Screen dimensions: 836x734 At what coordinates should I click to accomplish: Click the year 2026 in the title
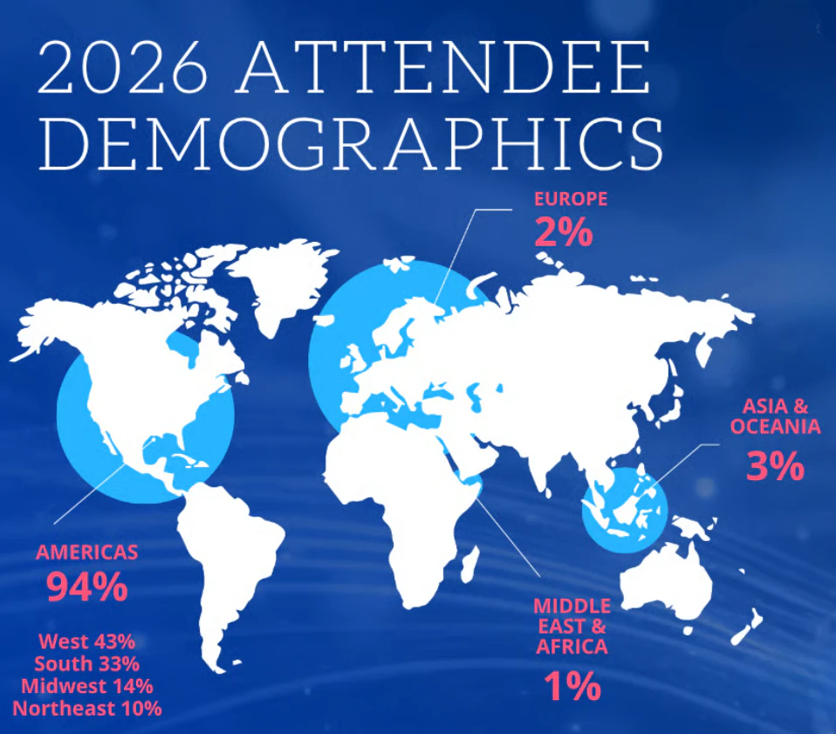click(x=123, y=67)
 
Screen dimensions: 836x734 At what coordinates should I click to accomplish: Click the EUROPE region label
click(x=571, y=199)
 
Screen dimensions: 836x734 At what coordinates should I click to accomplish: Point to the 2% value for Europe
click(x=564, y=232)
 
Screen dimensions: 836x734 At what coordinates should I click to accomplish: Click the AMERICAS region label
click(x=87, y=552)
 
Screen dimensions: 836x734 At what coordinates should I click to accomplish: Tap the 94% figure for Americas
click(x=87, y=587)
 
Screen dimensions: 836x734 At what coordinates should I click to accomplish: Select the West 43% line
click(x=87, y=641)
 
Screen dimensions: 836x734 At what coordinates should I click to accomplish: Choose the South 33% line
click(x=87, y=663)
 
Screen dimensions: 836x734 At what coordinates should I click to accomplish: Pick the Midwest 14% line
click(x=87, y=686)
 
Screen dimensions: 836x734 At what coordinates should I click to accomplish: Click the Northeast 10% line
click(x=87, y=709)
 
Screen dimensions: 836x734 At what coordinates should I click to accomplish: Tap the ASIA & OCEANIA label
click(x=775, y=416)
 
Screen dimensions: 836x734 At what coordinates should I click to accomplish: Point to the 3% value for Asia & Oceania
click(x=775, y=466)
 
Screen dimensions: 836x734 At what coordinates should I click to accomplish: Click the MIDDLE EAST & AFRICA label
click(x=572, y=627)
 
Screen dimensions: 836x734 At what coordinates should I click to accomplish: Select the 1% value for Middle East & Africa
click(x=572, y=686)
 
